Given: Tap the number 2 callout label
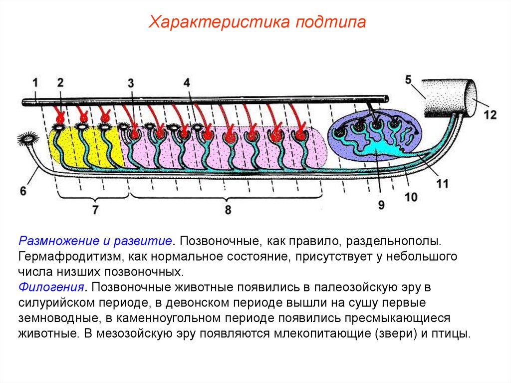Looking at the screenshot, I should click(x=60, y=83).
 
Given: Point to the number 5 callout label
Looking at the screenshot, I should click(x=408, y=79).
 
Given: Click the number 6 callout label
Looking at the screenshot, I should click(x=22, y=190).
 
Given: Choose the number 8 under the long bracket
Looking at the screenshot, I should click(x=228, y=210).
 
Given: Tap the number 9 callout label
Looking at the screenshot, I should click(x=381, y=205).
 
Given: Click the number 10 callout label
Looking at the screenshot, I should click(x=411, y=197).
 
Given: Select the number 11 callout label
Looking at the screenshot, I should click(x=442, y=184).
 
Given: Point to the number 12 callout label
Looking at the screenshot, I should click(x=490, y=114).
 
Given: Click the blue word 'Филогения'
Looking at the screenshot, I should click(x=51, y=288).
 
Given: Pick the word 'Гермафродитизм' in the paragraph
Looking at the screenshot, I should click(x=66, y=257).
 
